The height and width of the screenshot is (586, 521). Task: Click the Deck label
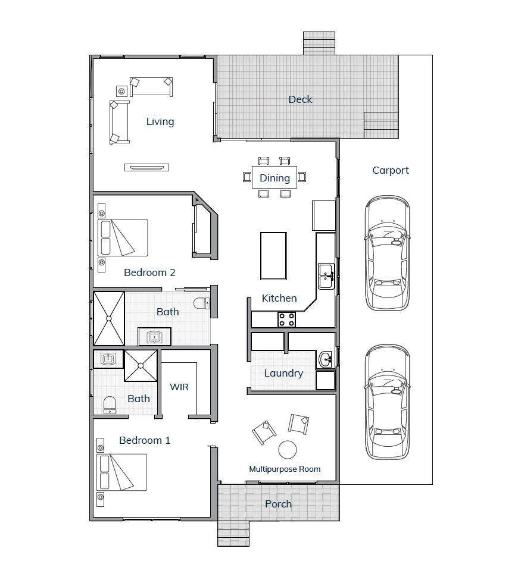coord(300,99)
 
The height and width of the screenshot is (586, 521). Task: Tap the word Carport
coord(391,170)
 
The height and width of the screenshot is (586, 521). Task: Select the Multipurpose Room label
coord(285,469)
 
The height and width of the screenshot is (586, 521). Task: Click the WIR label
coord(179,387)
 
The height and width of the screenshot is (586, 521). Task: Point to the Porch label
coord(278,504)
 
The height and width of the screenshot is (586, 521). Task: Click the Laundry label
coord(283,373)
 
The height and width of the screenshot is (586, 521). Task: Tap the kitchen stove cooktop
coord(286,319)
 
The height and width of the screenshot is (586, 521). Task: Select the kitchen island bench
coord(273,256)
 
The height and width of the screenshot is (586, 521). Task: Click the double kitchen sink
coord(326,275)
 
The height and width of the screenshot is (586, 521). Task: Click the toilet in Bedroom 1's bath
coord(110,405)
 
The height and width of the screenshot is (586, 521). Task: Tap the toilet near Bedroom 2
coord(201,302)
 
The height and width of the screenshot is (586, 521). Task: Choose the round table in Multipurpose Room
coord(288,449)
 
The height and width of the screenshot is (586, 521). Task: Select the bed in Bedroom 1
coord(122,472)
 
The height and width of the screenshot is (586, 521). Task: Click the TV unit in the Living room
coord(146,167)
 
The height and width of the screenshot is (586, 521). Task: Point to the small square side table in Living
coord(121,91)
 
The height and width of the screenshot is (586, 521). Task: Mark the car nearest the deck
coord(387,253)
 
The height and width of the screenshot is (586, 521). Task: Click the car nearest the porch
coord(387,402)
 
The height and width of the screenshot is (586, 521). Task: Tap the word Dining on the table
coord(274,178)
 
